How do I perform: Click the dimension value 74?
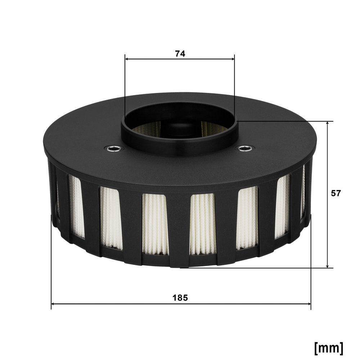180,54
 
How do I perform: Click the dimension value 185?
180,298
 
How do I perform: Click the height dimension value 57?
336,193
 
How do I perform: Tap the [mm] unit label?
329,348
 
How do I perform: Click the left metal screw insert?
112,148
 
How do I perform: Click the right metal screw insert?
244,148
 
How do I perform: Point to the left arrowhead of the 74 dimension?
127,59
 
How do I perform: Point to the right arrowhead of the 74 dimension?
233,59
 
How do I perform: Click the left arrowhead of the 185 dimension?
53,304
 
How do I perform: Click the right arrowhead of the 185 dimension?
309,304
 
